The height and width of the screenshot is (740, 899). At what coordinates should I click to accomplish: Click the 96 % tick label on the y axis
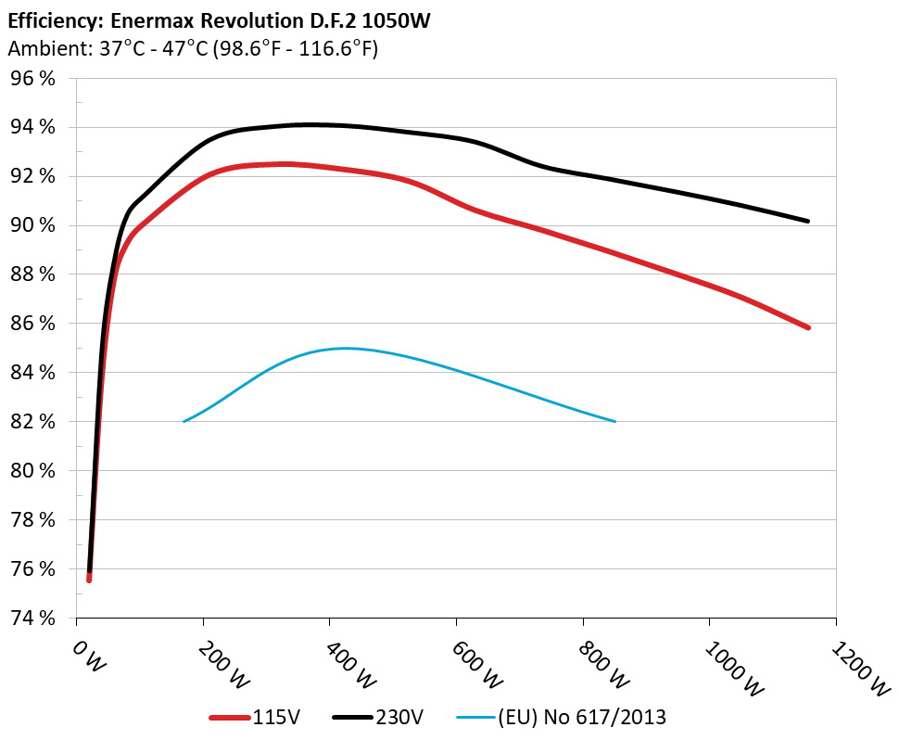(x=32, y=79)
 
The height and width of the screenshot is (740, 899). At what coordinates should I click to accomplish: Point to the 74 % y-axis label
(x=32, y=618)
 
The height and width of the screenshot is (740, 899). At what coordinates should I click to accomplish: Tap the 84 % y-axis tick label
(x=32, y=373)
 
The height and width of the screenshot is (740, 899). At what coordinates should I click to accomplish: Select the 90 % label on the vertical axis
(x=32, y=225)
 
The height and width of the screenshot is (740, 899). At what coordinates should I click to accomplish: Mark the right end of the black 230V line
(x=808, y=221)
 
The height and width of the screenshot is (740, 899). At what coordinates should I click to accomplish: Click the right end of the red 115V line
(x=808, y=327)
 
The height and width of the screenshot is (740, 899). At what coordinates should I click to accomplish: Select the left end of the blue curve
(x=184, y=421)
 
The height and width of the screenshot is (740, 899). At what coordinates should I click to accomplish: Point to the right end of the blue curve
(x=614, y=421)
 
